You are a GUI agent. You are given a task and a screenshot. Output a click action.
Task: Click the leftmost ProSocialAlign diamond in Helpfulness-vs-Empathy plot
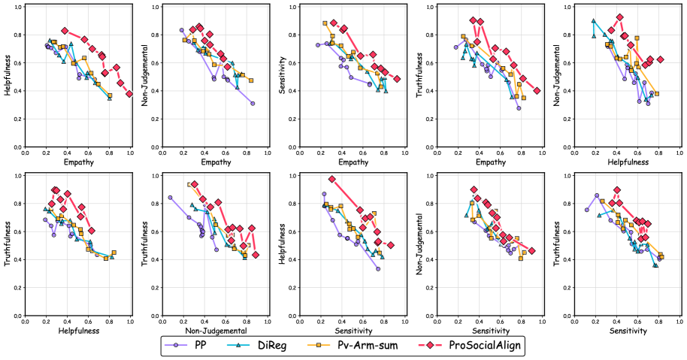[x=65, y=31]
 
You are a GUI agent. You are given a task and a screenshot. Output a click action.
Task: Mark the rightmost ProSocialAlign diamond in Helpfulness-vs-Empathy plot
[x=129, y=94]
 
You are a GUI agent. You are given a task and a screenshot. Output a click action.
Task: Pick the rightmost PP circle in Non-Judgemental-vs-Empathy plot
[x=253, y=103]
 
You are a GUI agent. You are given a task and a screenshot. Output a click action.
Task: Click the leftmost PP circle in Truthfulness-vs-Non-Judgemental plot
[x=170, y=198]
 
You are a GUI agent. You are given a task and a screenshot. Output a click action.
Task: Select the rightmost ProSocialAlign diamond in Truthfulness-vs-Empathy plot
[x=537, y=91]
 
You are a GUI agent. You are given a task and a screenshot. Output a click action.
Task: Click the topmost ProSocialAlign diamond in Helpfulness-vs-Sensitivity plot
[x=331, y=179]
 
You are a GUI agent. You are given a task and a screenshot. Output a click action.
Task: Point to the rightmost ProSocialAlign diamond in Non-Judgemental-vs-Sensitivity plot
[x=531, y=251]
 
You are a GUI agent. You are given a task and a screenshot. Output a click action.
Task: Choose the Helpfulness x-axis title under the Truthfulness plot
[x=77, y=330]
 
